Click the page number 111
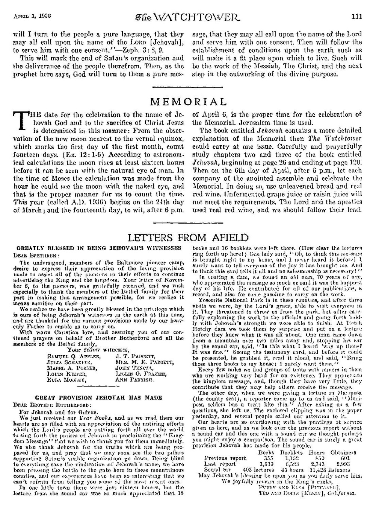tap(356, 16)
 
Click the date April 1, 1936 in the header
tap(32, 16)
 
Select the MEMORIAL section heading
tap(188, 102)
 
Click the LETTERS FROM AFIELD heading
tap(188, 237)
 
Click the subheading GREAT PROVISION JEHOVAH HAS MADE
tap(98, 397)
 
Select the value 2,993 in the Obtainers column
tap(343, 464)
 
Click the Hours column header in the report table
tap(317, 452)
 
